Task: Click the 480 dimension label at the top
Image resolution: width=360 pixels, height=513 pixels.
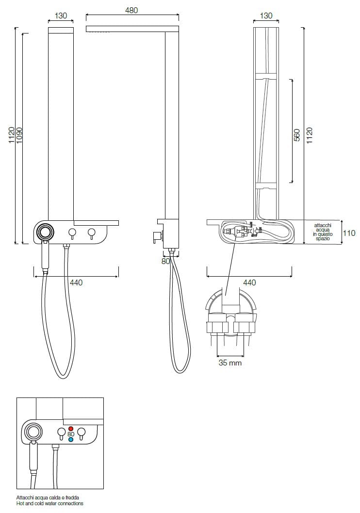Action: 131,10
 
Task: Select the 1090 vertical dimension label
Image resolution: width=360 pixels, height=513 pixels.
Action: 19,135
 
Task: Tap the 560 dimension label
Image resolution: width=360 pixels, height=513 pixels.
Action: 296,135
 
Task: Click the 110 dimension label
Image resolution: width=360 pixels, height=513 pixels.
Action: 349,233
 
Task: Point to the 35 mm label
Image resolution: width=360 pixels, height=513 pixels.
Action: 230,363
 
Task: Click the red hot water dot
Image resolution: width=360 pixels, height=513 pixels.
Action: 71,429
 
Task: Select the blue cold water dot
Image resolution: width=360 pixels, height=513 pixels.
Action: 71,439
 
